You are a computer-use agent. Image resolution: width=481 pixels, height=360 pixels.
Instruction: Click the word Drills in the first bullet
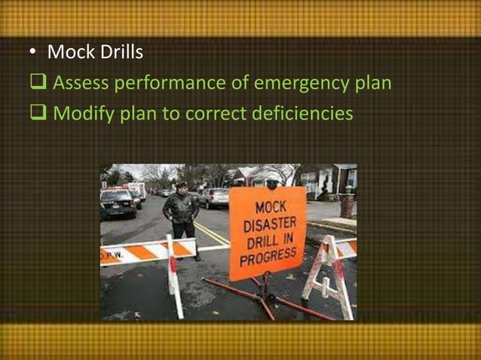[122, 53]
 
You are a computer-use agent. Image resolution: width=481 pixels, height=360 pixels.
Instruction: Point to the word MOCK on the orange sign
[269, 206]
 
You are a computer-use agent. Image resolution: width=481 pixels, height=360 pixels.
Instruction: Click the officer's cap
[182, 185]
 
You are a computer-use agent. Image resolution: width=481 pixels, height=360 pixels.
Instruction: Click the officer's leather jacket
[182, 207]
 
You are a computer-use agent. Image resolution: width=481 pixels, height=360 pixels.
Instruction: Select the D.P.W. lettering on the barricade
[112, 255]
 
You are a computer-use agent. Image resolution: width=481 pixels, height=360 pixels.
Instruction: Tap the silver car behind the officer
[214, 197]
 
